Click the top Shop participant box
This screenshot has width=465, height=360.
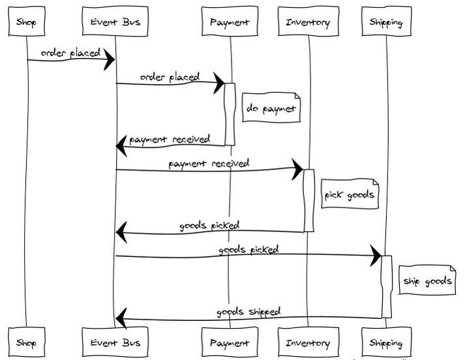coord(27,22)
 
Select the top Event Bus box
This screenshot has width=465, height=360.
coord(115,22)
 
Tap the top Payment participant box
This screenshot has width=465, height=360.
coord(230,22)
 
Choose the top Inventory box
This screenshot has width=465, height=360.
coord(308,22)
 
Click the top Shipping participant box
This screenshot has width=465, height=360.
coord(386,22)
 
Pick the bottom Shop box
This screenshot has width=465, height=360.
coord(27,342)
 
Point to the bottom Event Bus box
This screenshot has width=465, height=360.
coord(115,342)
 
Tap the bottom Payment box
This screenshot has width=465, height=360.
coord(230,342)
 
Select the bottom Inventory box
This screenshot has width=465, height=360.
coord(308,342)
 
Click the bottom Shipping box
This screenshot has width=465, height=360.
coord(386,342)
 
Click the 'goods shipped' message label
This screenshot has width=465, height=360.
coord(248,312)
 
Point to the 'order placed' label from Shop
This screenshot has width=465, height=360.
coord(70,52)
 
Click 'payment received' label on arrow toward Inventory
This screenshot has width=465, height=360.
coord(209,163)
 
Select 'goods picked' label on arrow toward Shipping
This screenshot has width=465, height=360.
coord(248,249)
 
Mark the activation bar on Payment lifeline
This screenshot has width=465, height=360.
coord(230,113)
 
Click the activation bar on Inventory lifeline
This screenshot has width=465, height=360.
coord(308,200)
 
